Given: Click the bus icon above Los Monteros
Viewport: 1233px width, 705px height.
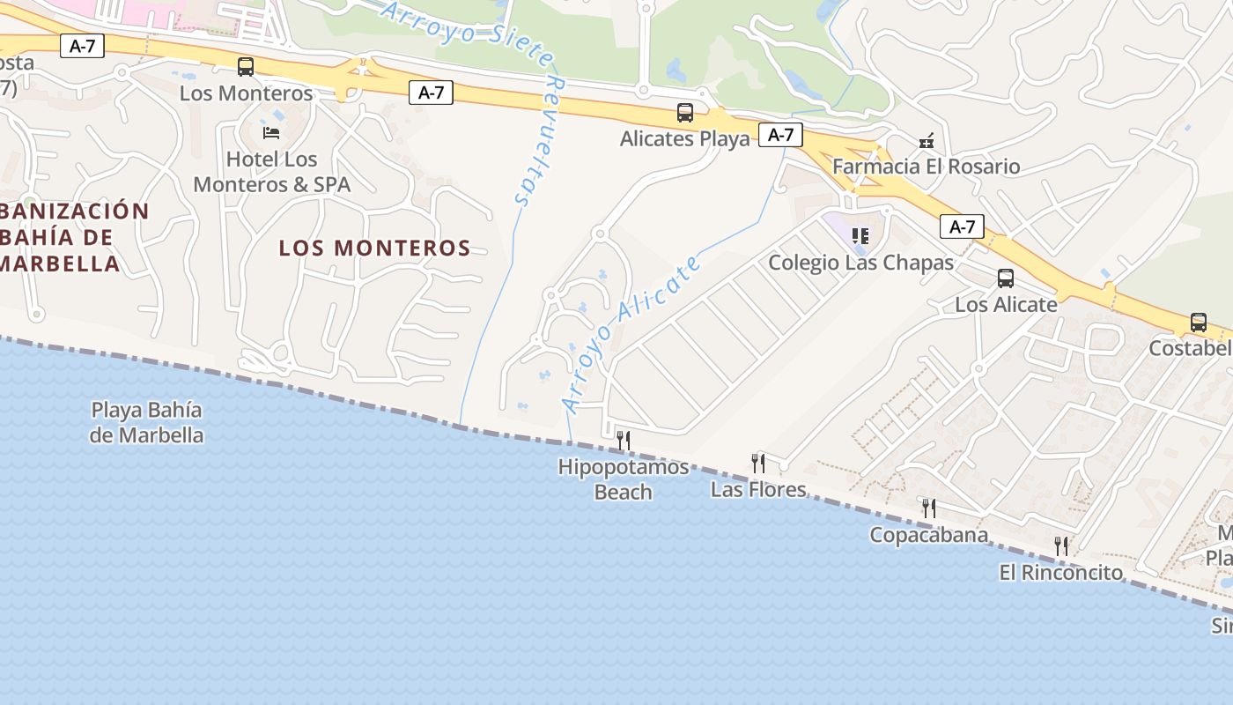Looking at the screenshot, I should pos(246,66).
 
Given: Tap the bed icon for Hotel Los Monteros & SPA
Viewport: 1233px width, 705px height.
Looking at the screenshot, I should pos(271,132).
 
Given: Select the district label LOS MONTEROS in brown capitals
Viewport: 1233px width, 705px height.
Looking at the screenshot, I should pos(374,248).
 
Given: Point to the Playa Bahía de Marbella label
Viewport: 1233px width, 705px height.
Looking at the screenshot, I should pos(147,422).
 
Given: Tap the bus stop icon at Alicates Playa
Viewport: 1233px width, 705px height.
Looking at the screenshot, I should pos(684,112).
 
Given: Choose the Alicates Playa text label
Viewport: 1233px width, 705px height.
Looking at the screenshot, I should pos(684,138).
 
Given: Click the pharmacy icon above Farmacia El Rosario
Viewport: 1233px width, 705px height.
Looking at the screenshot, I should pos(926,141).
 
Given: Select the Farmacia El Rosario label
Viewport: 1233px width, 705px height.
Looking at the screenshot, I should pos(926,167).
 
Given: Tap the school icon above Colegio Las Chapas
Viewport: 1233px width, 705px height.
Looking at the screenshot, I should pos(860,235).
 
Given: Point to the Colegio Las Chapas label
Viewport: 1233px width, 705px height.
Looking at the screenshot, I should pos(860,263).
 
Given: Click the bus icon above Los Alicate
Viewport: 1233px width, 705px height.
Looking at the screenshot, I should pos(1006,278).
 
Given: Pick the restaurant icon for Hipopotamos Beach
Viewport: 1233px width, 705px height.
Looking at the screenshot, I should pos(624,439).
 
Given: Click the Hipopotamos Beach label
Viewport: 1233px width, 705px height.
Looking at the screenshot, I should pos(624,479).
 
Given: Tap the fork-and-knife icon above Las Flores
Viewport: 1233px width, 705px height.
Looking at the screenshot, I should pos(757,463).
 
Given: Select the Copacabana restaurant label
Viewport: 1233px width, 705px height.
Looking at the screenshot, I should pos(928,535).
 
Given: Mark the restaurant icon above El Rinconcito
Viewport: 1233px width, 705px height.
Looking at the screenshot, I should pos(1061,545).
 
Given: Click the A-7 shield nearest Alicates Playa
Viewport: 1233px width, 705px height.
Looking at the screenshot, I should pos(780,135).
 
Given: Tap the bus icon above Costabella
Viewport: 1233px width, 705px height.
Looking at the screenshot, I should pos(1198,323).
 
